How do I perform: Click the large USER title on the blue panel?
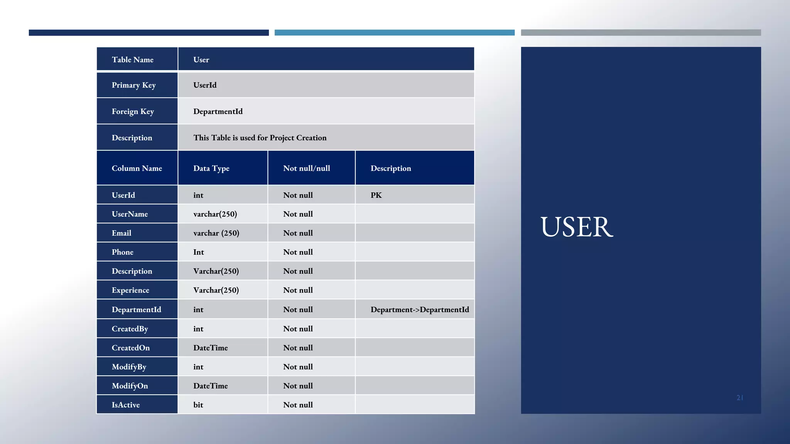coord(576,227)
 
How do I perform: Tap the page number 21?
coord(739,398)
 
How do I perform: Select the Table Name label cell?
coord(133,60)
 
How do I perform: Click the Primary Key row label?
coord(133,85)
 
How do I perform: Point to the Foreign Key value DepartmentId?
coord(218,111)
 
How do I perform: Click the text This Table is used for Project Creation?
coord(260,138)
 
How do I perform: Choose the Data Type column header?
coord(211,168)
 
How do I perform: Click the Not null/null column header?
coord(306,168)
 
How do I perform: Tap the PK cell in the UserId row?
coord(376,195)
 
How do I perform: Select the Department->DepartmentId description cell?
coord(420,309)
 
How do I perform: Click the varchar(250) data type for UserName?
coord(215,214)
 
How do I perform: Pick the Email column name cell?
coord(122,233)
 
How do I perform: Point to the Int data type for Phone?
coord(199,252)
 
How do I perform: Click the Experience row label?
coord(130,290)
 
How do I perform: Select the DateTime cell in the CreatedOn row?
coord(210,348)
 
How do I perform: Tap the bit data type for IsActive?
coord(198,405)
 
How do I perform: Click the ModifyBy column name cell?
coord(129,367)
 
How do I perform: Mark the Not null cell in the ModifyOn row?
coord(298,386)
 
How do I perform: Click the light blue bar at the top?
coord(394,33)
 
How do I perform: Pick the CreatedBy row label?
coord(130,329)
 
